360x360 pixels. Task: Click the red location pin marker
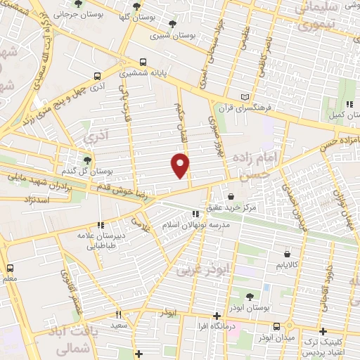(181, 165)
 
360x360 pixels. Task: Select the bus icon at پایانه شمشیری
(143, 61)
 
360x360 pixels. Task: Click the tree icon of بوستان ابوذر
(250, 295)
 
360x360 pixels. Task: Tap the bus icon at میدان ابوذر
(276, 326)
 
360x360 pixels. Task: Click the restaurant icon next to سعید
(118, 314)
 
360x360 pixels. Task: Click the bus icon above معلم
(10, 268)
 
